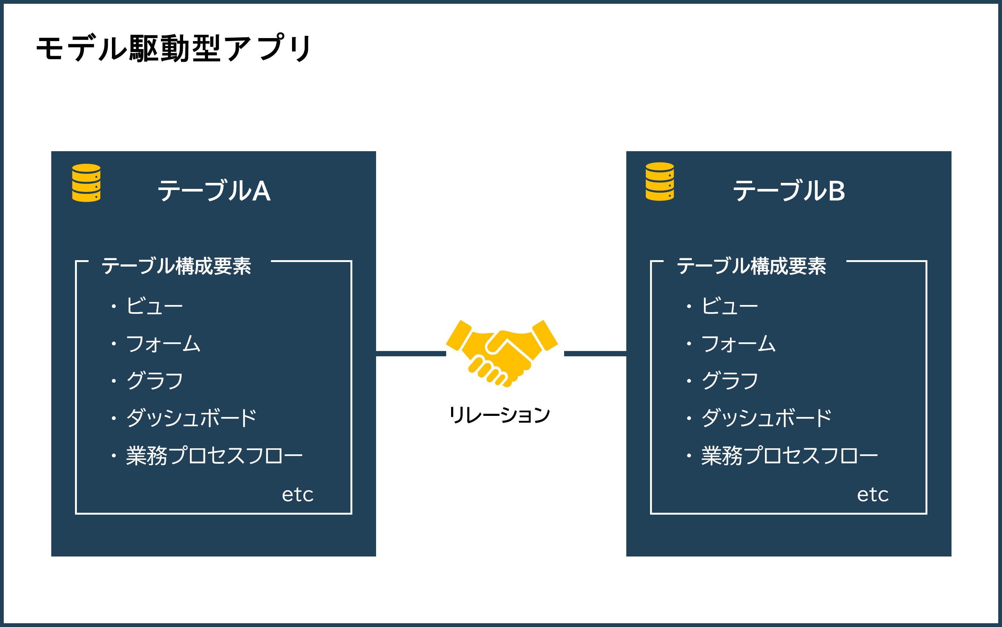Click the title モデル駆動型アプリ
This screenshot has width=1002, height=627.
174,48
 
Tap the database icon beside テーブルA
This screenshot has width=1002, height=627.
86,183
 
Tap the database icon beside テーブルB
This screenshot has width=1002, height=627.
660,182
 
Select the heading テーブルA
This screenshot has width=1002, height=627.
214,191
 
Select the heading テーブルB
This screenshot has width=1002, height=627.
789,191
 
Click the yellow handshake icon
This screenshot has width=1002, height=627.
502,353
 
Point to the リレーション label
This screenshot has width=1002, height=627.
500,415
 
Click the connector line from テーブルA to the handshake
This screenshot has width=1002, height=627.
411,354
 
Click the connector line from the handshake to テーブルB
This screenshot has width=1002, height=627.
595,354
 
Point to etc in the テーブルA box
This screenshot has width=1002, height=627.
298,495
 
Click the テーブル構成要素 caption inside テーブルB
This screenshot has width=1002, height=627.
751,266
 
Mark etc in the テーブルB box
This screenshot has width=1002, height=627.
873,495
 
